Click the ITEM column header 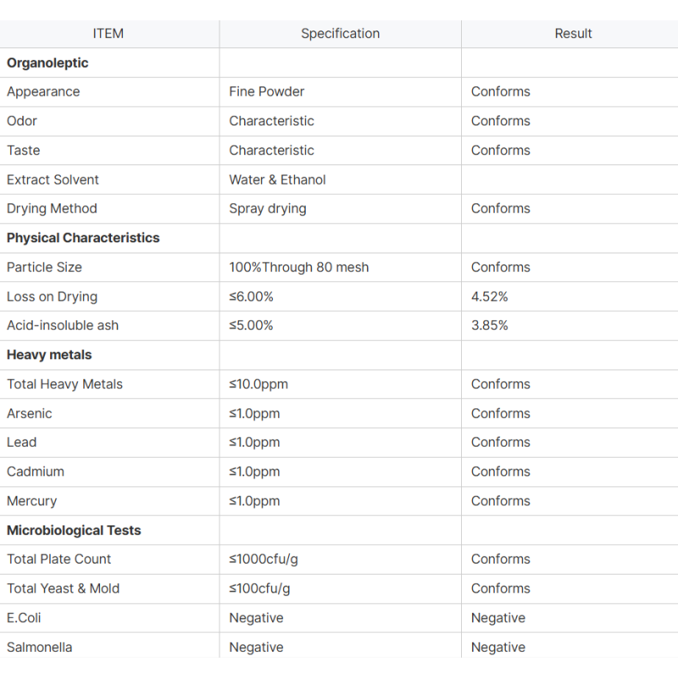click(108, 34)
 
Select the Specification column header click(340, 34)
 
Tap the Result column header click(573, 34)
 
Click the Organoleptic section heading click(47, 63)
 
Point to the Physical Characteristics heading click(83, 238)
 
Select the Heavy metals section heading click(49, 355)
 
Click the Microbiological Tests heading click(74, 531)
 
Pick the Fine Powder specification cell click(266, 92)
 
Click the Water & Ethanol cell click(277, 180)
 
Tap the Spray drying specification click(268, 208)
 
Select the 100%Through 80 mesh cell click(298, 267)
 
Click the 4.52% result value click(490, 297)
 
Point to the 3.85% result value click(490, 325)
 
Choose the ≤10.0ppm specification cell click(258, 384)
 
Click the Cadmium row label click(36, 472)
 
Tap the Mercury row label click(32, 501)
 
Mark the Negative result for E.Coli click(498, 618)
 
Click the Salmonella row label click(40, 647)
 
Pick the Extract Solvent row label click(53, 180)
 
